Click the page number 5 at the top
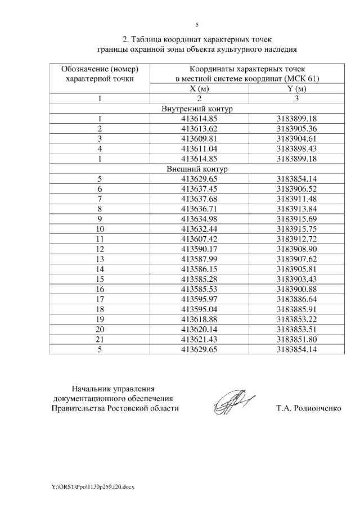(x=197, y=25)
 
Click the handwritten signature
(x=233, y=401)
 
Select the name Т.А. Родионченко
(x=308, y=408)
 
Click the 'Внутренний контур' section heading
(x=196, y=109)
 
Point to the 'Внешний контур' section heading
(x=196, y=169)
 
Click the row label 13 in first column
(x=100, y=259)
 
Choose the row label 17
(x=100, y=299)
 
